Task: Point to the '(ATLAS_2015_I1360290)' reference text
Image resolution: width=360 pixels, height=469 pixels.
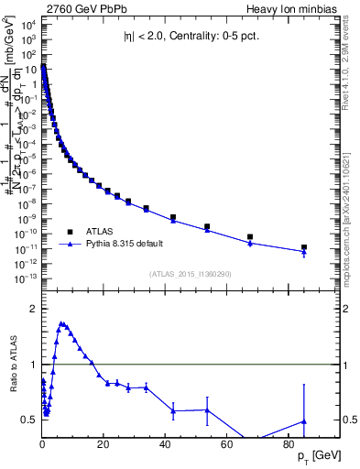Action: (x=190, y=274)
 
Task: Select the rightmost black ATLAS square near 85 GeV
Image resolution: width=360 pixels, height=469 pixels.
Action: (x=304, y=247)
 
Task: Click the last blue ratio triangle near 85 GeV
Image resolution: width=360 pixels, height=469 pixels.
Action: (x=304, y=421)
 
